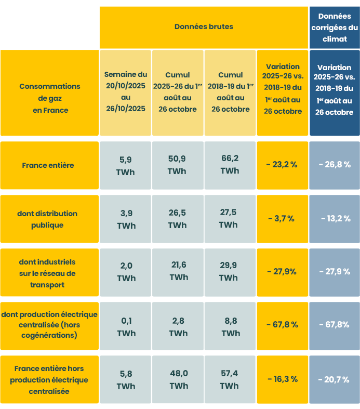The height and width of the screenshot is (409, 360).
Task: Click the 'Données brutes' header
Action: point(204,27)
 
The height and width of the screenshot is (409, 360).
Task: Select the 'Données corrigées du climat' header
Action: point(334,28)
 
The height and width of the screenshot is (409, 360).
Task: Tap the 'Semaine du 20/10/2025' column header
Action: point(126,92)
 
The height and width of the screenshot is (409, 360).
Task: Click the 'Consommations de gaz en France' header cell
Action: point(50,98)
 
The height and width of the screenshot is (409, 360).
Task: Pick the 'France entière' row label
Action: point(48,165)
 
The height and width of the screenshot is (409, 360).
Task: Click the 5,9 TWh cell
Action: point(126,165)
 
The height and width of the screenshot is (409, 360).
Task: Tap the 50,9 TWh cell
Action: point(178,165)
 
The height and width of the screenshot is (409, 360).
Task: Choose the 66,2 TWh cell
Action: point(230,165)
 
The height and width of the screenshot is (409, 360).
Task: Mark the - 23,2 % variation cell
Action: point(282,165)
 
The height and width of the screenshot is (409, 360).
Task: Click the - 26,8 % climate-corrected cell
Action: point(334,165)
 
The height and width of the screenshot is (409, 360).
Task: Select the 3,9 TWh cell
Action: point(126,219)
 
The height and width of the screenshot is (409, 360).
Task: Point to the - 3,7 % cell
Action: point(282,219)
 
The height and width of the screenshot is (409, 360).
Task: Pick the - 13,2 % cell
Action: point(334,219)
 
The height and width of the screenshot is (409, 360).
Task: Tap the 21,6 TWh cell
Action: point(178,271)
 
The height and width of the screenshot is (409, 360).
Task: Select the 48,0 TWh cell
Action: point(178,379)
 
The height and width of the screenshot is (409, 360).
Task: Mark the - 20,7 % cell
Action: point(334,380)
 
